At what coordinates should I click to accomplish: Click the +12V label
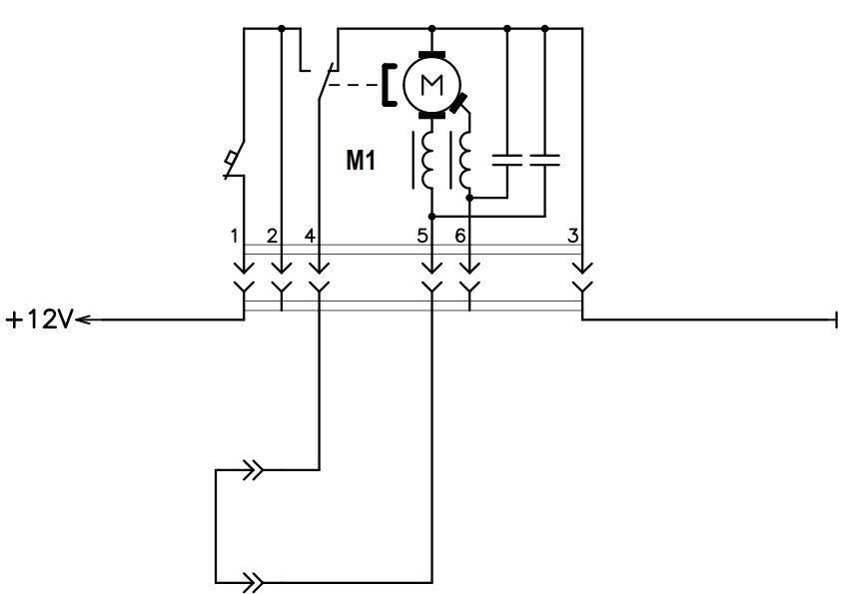tap(39, 319)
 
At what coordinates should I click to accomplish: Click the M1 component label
tap(361, 161)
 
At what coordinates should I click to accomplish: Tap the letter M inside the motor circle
tap(432, 84)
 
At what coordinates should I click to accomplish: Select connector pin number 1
tap(234, 236)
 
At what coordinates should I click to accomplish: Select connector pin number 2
tap(272, 236)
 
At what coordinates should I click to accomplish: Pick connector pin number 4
tap(310, 236)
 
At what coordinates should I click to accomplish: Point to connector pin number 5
tap(422, 236)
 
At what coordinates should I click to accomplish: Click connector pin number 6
tap(460, 236)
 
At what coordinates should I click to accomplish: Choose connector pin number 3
tap(573, 236)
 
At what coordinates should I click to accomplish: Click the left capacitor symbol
tap(507, 160)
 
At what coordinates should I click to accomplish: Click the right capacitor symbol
tap(545, 160)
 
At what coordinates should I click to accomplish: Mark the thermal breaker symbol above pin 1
tap(234, 161)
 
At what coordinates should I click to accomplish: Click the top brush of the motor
tap(432, 55)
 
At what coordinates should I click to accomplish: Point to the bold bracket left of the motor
tap(389, 85)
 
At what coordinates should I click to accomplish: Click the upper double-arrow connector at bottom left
tap(253, 470)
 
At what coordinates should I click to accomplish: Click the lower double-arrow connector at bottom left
tap(253, 582)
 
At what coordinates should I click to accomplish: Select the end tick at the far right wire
tap(836, 320)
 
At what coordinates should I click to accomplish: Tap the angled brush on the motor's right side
tap(457, 103)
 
